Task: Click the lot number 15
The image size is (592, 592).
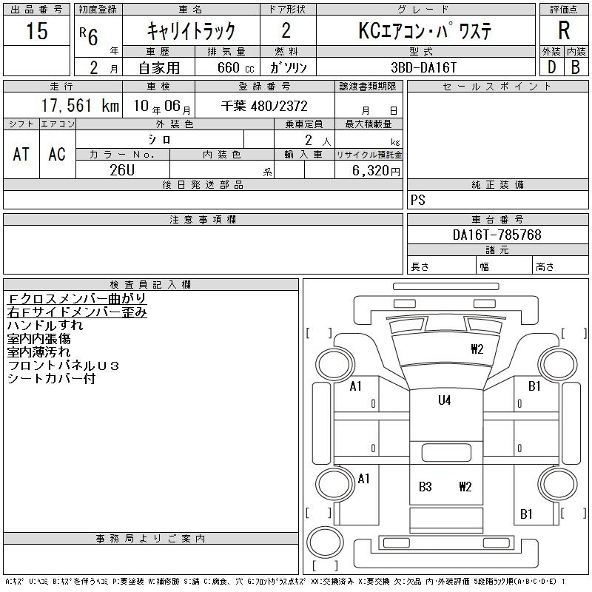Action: pos(37,30)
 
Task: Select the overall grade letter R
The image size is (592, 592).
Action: pos(564,30)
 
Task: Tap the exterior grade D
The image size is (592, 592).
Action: pos(551,67)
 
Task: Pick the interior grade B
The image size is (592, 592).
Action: pos(576,67)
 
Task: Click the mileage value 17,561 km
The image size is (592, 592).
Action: pos(80,106)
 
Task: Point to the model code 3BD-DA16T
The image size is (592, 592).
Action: pos(423,67)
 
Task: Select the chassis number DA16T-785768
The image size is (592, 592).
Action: pos(497,235)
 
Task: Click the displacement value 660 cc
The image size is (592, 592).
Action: pos(235,68)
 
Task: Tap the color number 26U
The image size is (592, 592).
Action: pos(122,170)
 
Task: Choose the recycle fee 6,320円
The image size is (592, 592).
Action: pos(376,171)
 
